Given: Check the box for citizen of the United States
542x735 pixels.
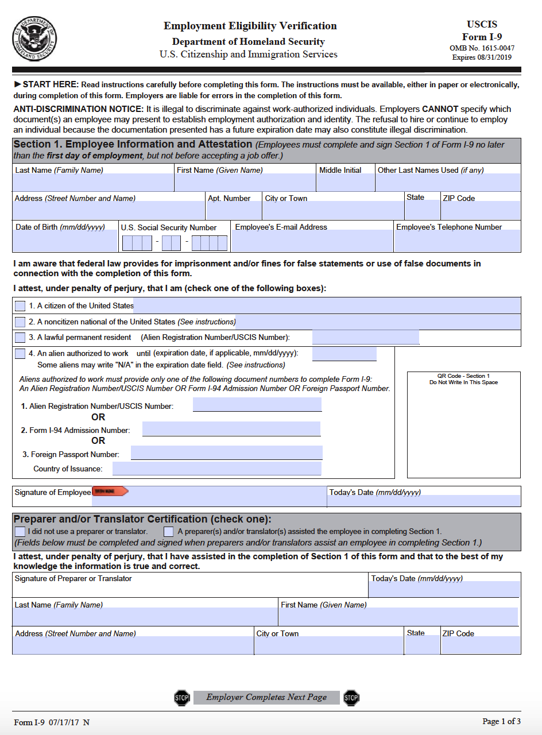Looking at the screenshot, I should point(20,305).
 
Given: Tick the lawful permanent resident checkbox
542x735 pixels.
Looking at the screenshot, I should point(20,338).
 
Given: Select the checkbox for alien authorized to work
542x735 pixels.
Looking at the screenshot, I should point(20,354).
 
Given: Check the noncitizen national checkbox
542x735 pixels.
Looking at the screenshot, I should point(20,322).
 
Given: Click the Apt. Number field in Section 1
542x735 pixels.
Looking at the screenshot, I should point(233,211).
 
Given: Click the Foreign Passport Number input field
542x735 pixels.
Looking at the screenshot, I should point(226,453).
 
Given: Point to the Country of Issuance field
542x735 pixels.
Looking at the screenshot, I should point(216,469).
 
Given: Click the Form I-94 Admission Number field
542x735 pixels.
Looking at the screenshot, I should point(231,429).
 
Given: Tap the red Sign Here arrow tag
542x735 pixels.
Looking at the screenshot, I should point(110,492).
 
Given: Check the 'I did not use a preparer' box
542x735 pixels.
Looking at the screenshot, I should point(20,532).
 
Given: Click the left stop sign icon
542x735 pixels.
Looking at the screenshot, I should point(181,698).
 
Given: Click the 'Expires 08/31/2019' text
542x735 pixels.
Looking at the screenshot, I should point(482,57).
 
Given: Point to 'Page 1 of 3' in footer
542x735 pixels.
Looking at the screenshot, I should point(501,721).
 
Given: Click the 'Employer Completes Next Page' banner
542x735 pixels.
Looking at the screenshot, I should point(266,698).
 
